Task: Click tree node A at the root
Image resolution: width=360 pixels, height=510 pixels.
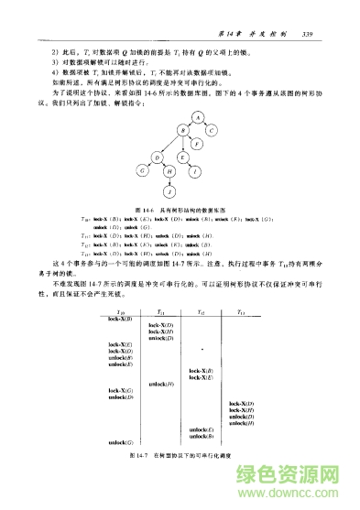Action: [196, 115]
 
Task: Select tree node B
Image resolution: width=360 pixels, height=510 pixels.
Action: [183, 130]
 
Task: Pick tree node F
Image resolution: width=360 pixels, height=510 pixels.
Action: [197, 143]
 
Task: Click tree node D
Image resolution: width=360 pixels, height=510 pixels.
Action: [157, 157]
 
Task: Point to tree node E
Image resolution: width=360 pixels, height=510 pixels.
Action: [183, 157]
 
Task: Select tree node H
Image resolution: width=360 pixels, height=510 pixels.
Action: [169, 170]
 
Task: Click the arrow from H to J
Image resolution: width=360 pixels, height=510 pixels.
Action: [169, 181]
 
